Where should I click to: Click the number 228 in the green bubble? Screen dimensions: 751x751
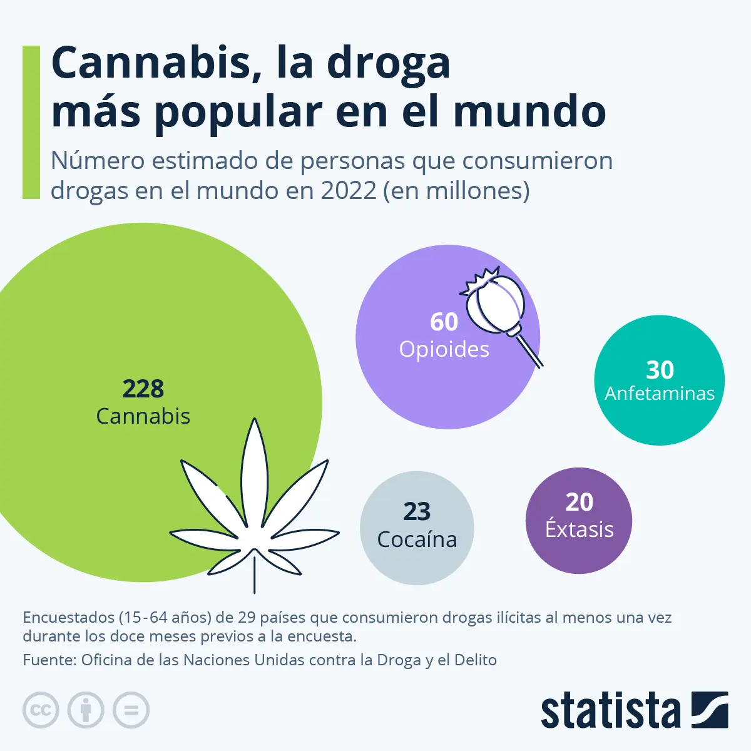click(143, 389)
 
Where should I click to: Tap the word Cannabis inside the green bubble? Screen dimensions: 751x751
click(143, 416)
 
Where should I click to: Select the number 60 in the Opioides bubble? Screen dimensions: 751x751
click(444, 322)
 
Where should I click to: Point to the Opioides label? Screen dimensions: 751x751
click(444, 349)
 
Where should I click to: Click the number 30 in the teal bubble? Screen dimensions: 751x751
click(660, 370)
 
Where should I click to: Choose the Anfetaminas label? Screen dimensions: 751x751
click(660, 394)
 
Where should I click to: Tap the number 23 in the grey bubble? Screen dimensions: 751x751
click(417, 512)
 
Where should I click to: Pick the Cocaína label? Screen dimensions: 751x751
click(417, 539)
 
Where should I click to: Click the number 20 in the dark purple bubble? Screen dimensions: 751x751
click(579, 502)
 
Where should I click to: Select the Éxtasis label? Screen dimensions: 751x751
click(579, 529)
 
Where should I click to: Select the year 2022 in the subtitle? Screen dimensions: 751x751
click(348, 190)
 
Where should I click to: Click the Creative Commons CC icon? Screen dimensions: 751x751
click(41, 710)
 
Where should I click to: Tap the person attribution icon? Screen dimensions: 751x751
click(86, 710)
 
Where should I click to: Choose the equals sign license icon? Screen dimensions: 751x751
click(131, 710)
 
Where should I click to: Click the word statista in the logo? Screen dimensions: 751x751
click(610, 711)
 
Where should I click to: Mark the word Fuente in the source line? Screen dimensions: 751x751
click(47, 660)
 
